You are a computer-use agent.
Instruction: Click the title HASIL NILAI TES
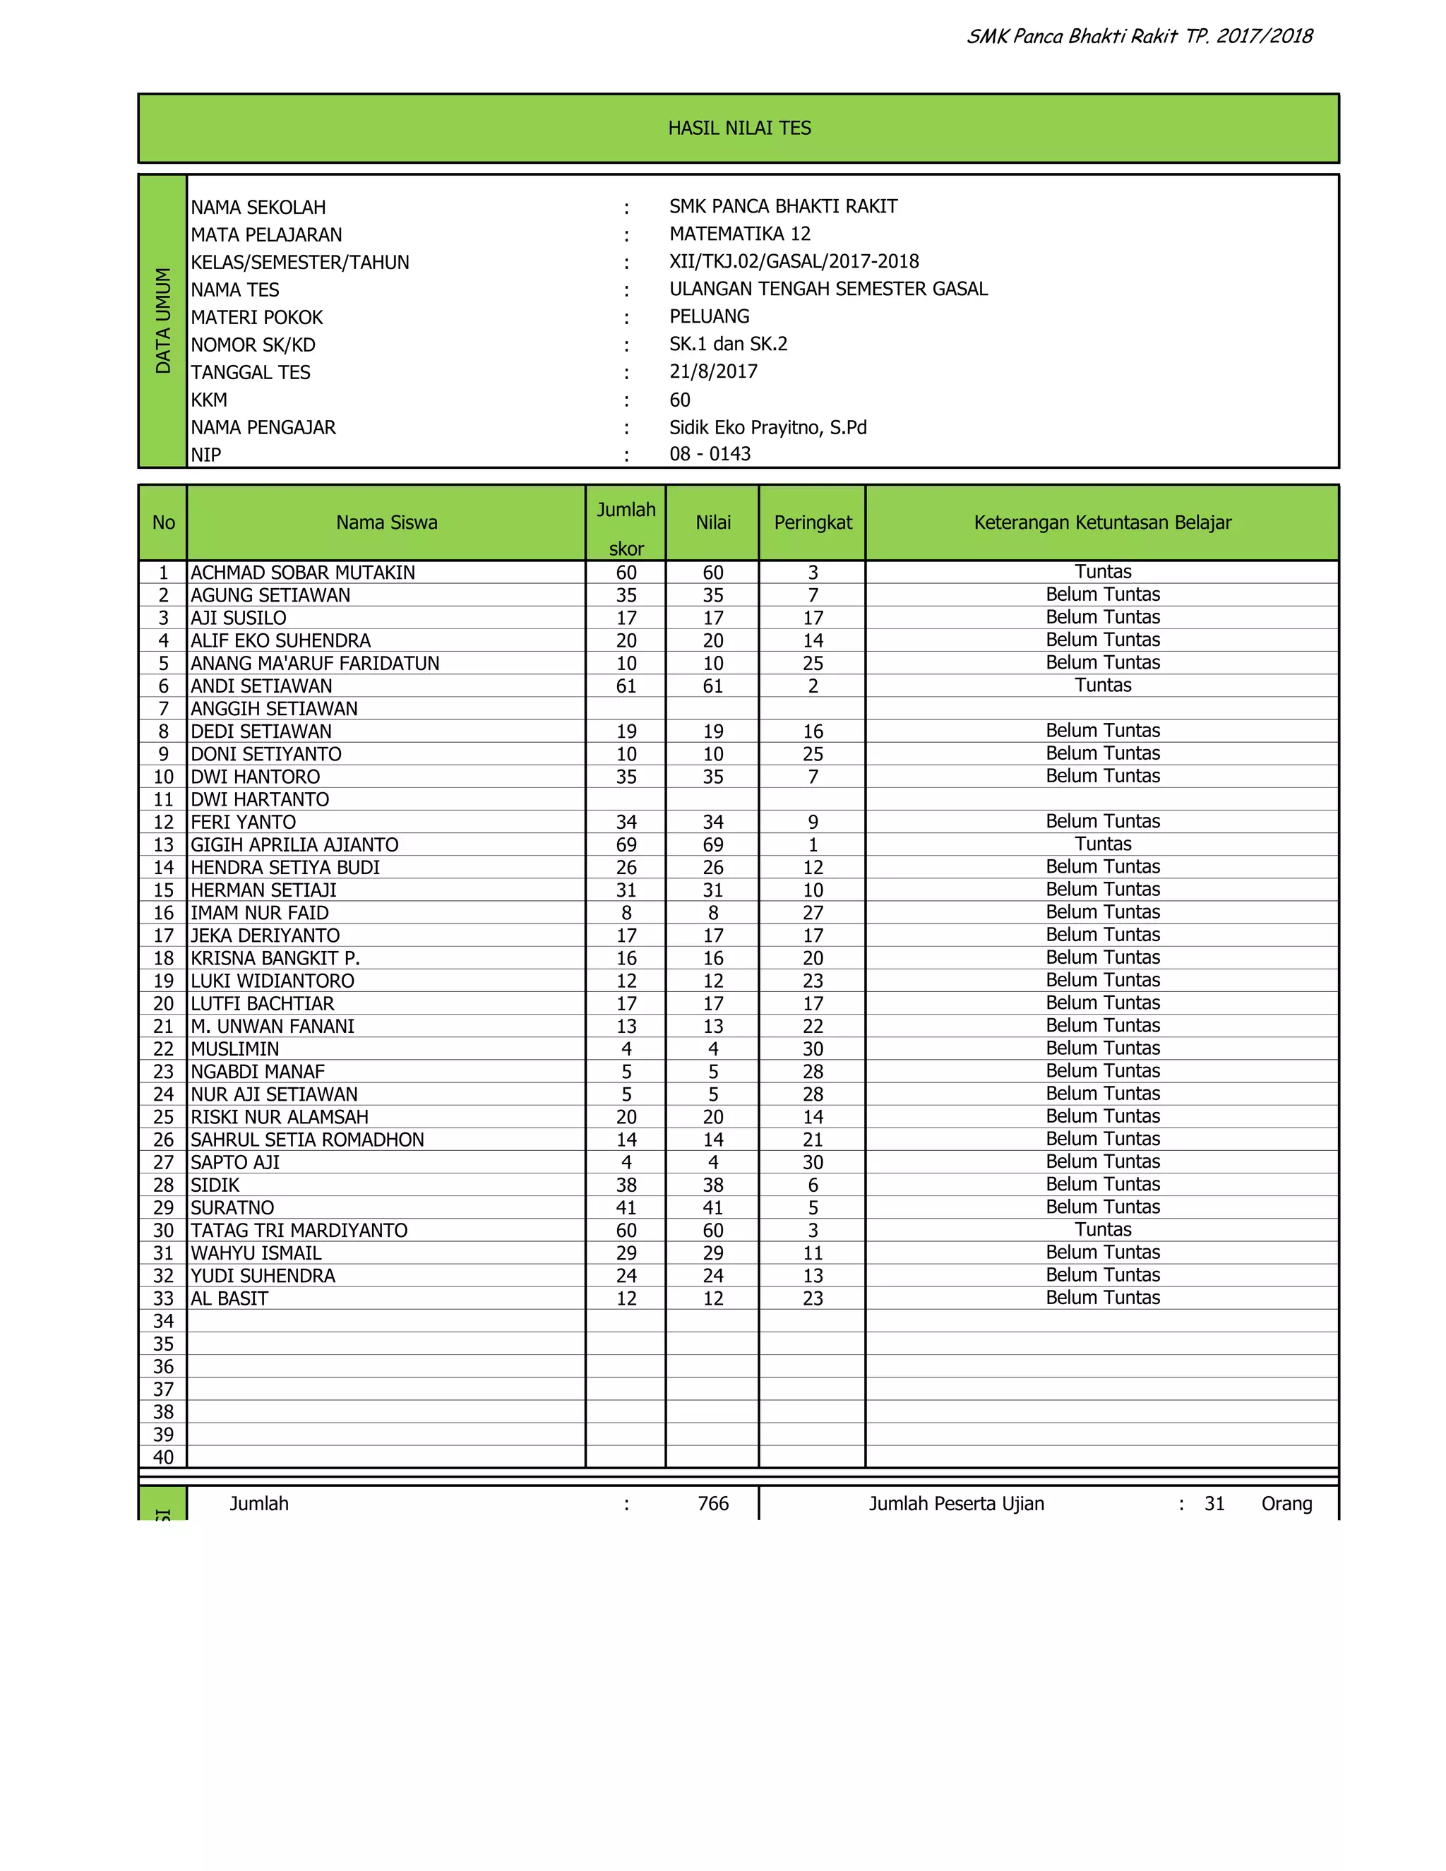pyautogui.click(x=739, y=128)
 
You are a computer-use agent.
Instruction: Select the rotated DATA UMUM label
pyautogui.click(x=163, y=321)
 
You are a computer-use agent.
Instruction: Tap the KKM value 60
pyautogui.click(x=679, y=400)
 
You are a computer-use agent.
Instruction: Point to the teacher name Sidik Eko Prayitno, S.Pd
pyautogui.click(x=767, y=427)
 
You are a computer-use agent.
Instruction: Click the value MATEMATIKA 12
pyautogui.click(x=739, y=234)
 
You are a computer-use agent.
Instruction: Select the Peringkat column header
pyautogui.click(x=812, y=522)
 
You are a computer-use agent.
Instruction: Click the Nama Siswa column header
pyautogui.click(x=386, y=522)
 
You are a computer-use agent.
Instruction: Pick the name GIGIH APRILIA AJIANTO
pyautogui.click(x=294, y=844)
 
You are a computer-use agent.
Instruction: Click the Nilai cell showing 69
pyautogui.click(x=712, y=844)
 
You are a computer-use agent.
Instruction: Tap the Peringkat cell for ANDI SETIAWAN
pyautogui.click(x=812, y=686)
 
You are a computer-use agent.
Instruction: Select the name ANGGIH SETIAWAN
pyautogui.click(x=273, y=708)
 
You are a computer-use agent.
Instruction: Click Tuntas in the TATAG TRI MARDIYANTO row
pyautogui.click(x=1102, y=1229)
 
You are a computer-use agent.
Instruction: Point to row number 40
pyautogui.click(x=163, y=1457)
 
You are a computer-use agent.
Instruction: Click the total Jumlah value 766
pyautogui.click(x=712, y=1503)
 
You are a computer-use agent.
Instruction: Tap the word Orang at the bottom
pyautogui.click(x=1286, y=1503)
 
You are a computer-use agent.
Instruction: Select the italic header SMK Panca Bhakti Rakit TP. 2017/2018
pyautogui.click(x=1140, y=36)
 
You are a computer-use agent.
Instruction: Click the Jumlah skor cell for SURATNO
pyautogui.click(x=626, y=1208)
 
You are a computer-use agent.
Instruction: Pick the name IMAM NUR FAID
pyautogui.click(x=260, y=913)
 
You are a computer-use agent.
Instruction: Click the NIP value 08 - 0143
pyautogui.click(x=710, y=454)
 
